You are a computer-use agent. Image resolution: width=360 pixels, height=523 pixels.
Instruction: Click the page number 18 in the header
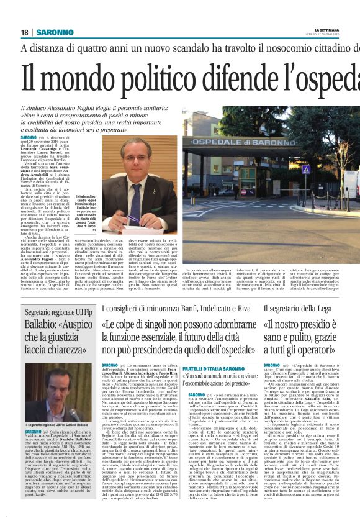[24, 32]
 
